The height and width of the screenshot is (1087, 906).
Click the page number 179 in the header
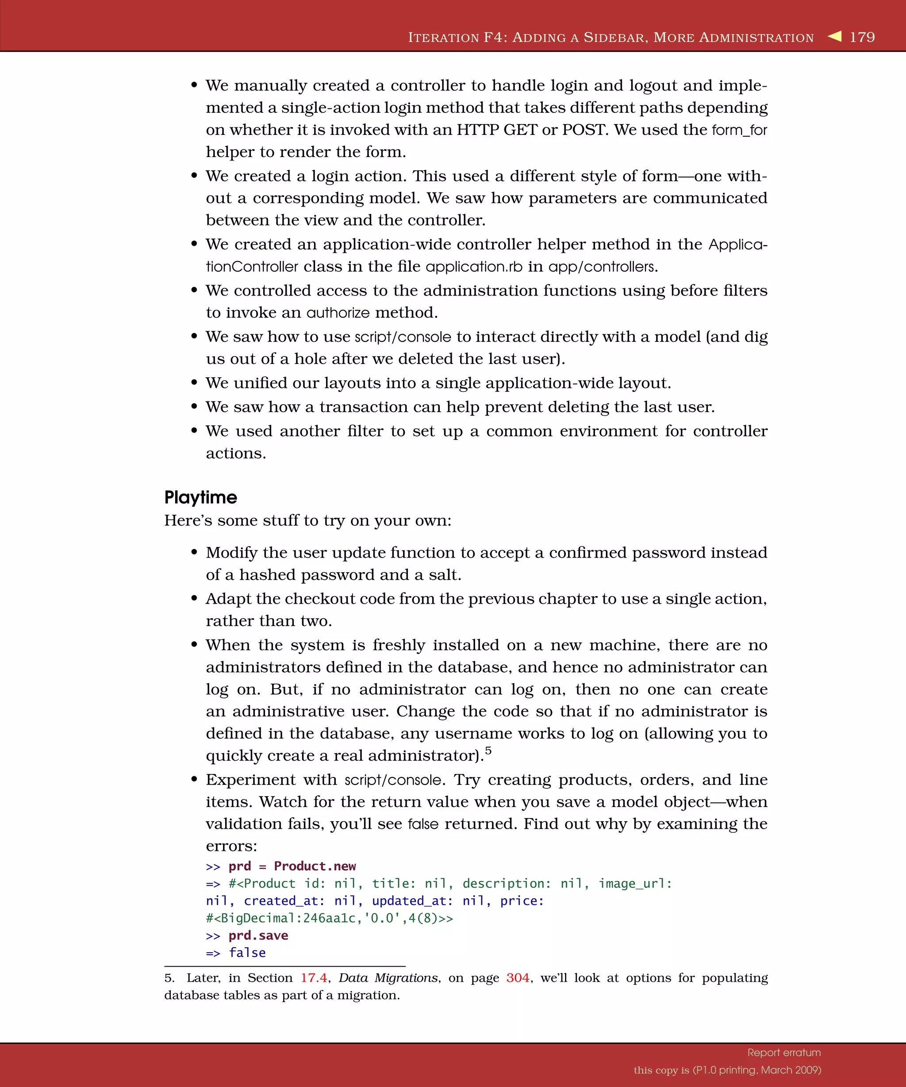[x=862, y=37]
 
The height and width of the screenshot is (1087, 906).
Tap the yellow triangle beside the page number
[x=835, y=36]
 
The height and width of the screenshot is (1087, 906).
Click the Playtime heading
[x=200, y=498]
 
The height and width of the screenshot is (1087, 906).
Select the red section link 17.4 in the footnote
[x=314, y=978]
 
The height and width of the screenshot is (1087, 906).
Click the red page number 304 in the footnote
[x=518, y=978]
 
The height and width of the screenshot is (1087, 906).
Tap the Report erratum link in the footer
[x=784, y=1053]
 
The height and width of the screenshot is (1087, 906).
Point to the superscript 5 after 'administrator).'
[x=488, y=750]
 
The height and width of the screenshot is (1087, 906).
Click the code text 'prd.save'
[x=258, y=935]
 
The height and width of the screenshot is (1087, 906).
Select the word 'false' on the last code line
[x=247, y=953]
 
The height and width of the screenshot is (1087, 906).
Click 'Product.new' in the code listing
[x=315, y=866]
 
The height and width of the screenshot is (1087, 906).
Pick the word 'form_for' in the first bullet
[x=739, y=130]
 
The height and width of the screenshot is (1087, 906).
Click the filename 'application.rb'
[x=474, y=267]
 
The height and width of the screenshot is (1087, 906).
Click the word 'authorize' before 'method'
[x=338, y=313]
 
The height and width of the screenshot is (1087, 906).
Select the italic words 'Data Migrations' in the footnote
[x=388, y=978]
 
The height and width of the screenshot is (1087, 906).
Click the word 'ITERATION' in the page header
[x=444, y=38]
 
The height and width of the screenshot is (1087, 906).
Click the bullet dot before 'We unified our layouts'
[x=194, y=383]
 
